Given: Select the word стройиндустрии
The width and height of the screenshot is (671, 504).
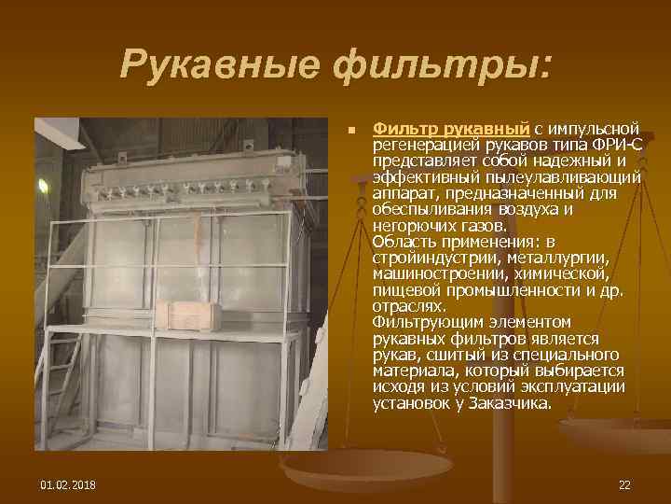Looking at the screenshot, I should click(428, 258).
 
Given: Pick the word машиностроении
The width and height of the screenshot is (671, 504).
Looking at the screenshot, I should click(431, 273).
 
